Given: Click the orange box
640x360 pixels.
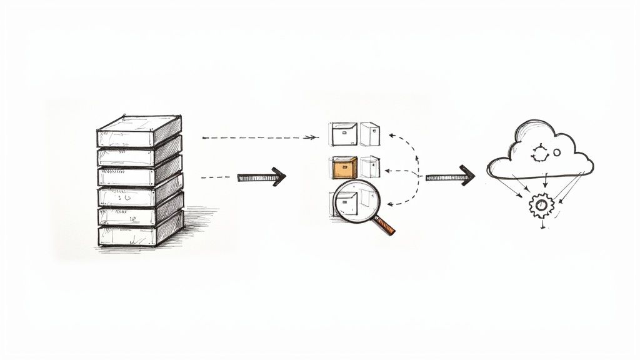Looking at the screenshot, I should pos(344,167).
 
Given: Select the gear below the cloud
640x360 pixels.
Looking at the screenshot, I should pos(541,205).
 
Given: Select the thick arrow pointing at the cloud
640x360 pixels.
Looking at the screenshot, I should pos(449,177).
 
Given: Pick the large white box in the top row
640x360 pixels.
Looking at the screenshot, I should pos(343,134).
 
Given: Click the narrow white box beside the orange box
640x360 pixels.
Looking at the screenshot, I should pos(369,166).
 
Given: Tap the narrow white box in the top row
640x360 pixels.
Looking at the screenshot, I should pos(369,134).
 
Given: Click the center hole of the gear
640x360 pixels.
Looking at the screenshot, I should pos(541,205).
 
